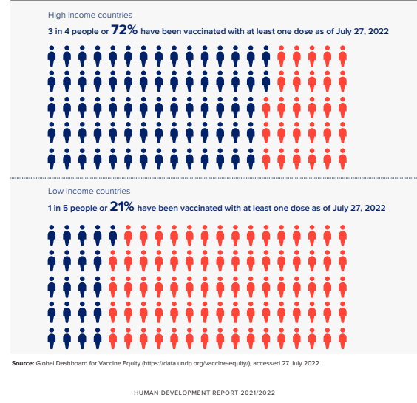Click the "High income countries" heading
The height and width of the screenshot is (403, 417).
[x=90, y=16]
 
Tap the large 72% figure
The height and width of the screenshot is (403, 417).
[x=124, y=30]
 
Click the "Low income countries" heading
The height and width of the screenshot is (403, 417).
[x=89, y=191]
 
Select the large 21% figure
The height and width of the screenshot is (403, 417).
[x=122, y=206]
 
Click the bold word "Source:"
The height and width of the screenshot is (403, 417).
[x=23, y=363]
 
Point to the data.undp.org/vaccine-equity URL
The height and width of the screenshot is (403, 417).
[x=197, y=363]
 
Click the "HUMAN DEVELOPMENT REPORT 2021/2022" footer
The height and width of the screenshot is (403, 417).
[x=204, y=393]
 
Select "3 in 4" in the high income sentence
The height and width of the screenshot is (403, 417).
[x=58, y=31]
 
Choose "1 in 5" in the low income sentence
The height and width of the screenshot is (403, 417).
[x=58, y=208]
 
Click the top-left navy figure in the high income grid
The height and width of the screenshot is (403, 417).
[x=52, y=56]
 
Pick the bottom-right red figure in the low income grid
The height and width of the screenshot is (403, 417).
[x=343, y=339]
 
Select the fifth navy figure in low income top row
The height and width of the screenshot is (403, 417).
[x=113, y=235]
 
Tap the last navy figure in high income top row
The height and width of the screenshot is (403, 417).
[x=266, y=56]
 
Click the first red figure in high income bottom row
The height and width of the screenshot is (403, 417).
[x=266, y=159]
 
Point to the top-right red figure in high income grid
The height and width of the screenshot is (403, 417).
[x=343, y=56]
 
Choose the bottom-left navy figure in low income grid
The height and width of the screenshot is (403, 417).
[x=52, y=339]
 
